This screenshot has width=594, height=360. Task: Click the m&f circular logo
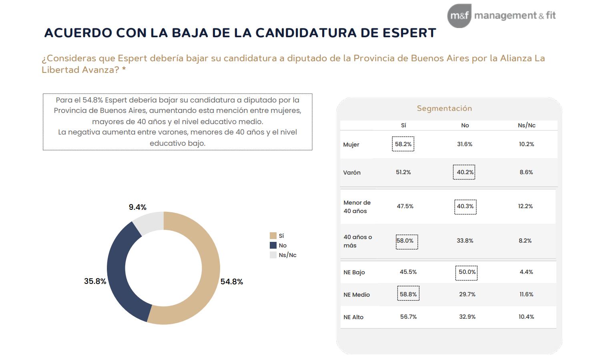[459, 16]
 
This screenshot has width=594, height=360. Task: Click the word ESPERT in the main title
[409, 33]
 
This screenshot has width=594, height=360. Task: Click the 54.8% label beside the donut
[232, 282]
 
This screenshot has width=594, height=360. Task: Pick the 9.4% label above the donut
[137, 207]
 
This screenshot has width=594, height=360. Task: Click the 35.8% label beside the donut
[95, 281]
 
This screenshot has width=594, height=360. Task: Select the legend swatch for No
[273, 245]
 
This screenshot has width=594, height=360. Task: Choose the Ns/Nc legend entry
[287, 255]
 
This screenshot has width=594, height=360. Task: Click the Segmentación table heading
[444, 108]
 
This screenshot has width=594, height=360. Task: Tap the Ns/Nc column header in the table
[526, 125]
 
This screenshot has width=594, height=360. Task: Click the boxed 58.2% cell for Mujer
[403, 144]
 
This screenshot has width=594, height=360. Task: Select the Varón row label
[352, 173]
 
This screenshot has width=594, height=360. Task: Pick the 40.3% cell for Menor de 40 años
[465, 206]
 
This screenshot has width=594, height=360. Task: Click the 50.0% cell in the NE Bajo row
[467, 272]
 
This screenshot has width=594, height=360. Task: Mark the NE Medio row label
[357, 295]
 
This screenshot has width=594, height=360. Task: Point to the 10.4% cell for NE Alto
[526, 317]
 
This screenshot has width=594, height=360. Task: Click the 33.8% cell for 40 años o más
[465, 241]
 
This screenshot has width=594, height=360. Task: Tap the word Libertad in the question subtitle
[60, 70]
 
